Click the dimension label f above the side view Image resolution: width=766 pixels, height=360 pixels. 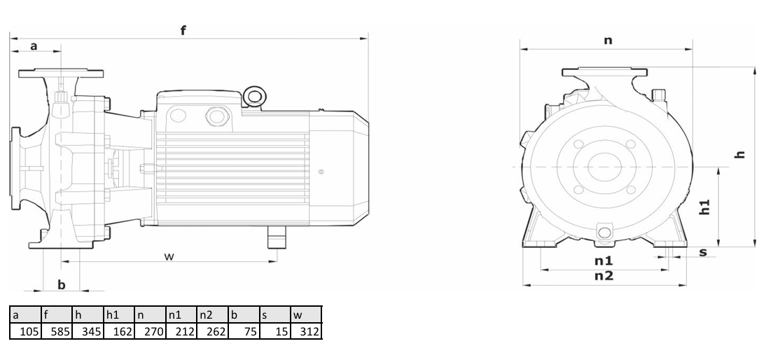183,30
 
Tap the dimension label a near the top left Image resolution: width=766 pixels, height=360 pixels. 34,46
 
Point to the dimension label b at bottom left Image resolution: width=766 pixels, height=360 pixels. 61,284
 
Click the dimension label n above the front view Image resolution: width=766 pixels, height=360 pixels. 608,40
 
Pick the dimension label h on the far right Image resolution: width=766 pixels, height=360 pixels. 741,154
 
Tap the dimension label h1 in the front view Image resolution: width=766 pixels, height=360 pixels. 704,207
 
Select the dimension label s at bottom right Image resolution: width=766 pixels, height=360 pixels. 703,252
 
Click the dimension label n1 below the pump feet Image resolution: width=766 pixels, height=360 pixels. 604,261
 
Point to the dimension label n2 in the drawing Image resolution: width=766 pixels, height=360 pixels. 604,276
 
